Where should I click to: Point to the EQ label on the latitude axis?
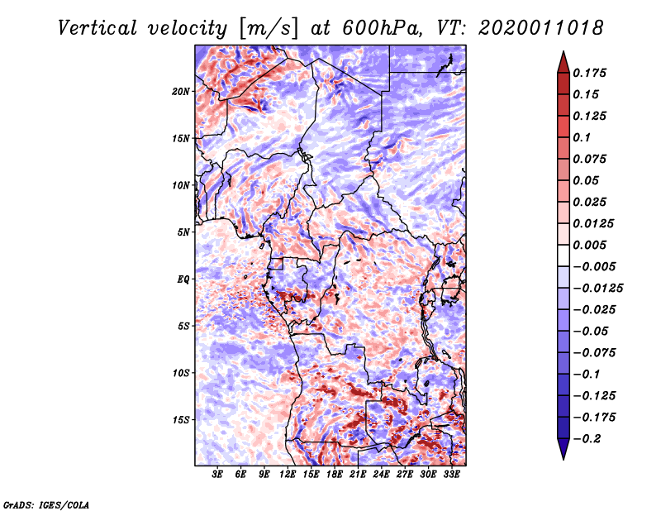[x=183, y=279]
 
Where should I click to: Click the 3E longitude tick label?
[x=218, y=475]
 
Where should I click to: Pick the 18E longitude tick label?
[x=335, y=475]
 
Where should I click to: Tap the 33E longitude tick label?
[x=451, y=475]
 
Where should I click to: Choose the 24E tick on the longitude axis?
[x=381, y=475]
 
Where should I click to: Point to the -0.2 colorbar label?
[x=589, y=438]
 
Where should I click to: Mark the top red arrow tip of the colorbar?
[x=562, y=55]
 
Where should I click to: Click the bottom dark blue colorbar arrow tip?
[x=562, y=456]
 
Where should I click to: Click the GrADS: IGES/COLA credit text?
[x=45, y=504]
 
